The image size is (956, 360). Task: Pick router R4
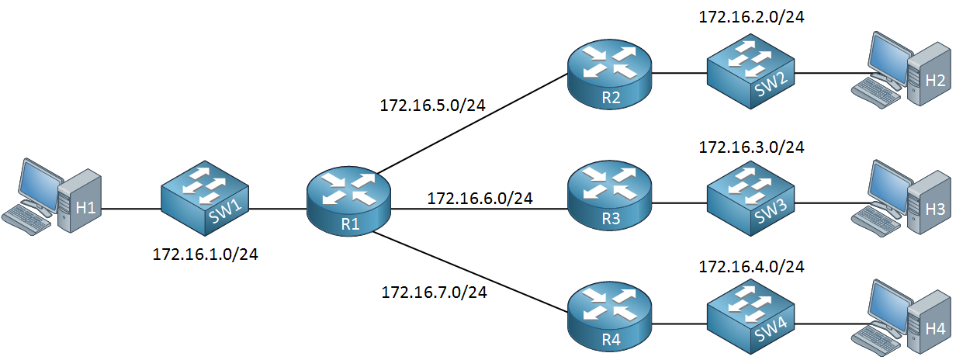[609, 317]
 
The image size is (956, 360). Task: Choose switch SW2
[751, 72]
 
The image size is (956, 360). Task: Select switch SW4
[751, 317]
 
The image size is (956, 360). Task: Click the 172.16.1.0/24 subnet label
[205, 254]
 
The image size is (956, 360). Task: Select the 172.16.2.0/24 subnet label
[751, 17]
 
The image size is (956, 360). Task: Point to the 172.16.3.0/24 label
[751, 147]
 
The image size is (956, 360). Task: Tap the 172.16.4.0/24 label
[751, 267]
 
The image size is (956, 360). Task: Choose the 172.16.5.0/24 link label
[432, 106]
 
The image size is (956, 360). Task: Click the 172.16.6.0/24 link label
[480, 199]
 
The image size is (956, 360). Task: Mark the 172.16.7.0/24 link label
[435, 292]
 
